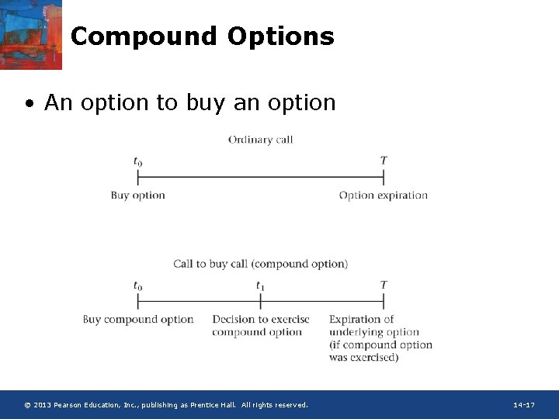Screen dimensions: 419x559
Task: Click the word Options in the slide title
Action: [281, 36]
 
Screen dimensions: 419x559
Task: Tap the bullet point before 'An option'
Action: [29, 104]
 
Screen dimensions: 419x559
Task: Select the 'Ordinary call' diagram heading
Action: [260, 140]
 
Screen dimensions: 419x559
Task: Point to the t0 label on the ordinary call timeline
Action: [137, 161]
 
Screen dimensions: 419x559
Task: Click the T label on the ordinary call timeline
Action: [384, 161]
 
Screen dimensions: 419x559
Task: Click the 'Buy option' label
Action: [138, 196]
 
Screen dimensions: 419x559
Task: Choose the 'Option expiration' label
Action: [384, 196]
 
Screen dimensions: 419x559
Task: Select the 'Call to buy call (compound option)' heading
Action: [260, 264]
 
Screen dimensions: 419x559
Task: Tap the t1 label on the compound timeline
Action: [260, 286]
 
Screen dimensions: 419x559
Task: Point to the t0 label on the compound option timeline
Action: [137, 286]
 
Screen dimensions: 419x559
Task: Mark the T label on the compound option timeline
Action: [384, 285]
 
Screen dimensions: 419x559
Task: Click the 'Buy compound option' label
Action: [138, 320]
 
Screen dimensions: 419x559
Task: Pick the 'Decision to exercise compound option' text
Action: [260, 326]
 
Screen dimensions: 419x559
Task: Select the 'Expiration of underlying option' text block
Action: [380, 338]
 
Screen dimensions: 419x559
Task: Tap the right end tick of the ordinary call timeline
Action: [384, 177]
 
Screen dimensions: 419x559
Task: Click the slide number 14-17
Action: [524, 405]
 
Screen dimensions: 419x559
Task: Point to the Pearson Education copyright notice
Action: [166, 405]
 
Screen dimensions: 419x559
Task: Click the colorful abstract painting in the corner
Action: [31, 34]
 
